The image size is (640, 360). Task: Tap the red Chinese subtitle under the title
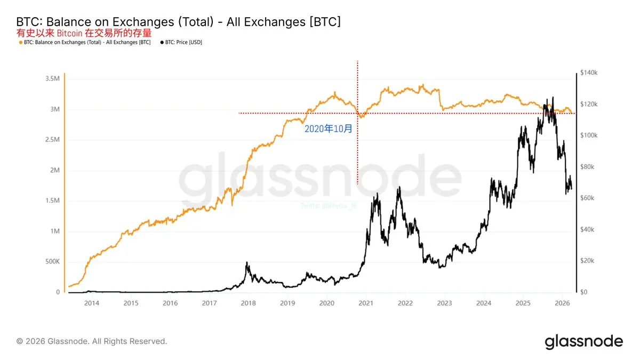84,33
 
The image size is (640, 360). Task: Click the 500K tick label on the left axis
51,262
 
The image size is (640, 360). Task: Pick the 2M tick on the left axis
55,170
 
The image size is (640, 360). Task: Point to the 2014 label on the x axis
92,303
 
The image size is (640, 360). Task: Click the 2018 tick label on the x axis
248,303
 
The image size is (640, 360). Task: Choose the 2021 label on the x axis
366,303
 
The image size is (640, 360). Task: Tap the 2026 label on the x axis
562,303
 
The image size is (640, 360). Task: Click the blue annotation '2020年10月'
328,129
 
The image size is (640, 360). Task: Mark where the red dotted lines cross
357,113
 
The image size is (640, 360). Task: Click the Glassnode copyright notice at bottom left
92,341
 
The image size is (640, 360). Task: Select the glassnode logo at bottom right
583,341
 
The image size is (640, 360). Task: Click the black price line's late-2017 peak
246,263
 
